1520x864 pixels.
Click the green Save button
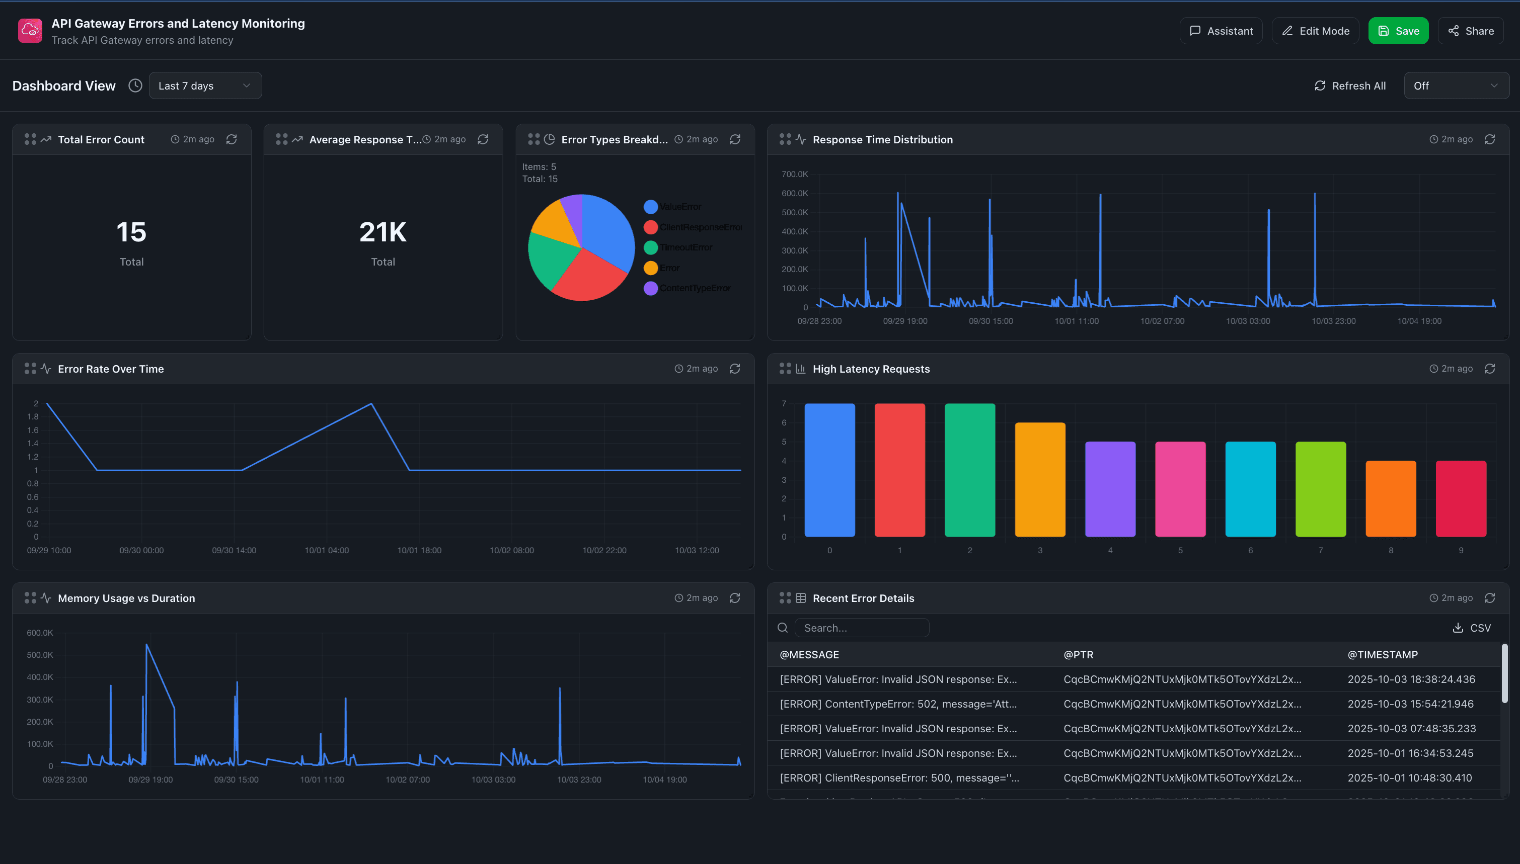tap(1398, 31)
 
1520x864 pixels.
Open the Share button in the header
tap(1470, 31)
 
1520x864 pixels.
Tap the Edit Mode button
tap(1315, 31)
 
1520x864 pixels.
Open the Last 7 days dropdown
tap(205, 85)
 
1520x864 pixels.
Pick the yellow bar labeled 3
tap(1040, 479)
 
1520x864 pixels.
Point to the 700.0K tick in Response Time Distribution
tap(794, 174)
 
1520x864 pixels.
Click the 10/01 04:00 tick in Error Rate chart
tap(327, 550)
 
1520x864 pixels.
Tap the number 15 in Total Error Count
tap(131, 232)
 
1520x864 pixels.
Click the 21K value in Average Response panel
tap(383, 232)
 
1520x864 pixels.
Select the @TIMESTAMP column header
tap(1382, 654)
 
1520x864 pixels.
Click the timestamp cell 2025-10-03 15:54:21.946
tap(1410, 704)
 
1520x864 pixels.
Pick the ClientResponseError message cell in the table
tap(899, 777)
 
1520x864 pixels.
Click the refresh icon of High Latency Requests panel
tap(1489, 369)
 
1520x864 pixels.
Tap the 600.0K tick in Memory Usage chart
tap(40, 633)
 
